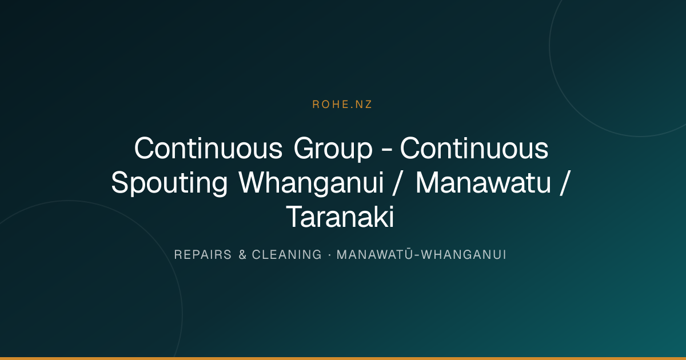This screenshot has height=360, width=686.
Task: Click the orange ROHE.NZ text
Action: [x=342, y=105]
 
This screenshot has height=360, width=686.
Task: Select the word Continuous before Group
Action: [x=208, y=149]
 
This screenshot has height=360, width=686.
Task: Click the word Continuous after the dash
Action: [x=474, y=149]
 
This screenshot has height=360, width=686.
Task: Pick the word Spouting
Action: [x=169, y=184]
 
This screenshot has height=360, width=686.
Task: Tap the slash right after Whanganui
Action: [x=396, y=183]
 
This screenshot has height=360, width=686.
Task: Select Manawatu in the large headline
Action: [x=483, y=183]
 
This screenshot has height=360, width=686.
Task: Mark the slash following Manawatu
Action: [x=564, y=183]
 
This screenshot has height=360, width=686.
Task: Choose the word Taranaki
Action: [x=340, y=217]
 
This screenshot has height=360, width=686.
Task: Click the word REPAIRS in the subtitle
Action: [x=203, y=255]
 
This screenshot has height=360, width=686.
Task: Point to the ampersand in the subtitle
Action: [x=242, y=255]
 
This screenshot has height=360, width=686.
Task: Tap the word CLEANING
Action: [x=286, y=255]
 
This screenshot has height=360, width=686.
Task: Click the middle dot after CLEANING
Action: [x=329, y=255]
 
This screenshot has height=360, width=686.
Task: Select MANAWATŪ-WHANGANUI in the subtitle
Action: [x=421, y=254]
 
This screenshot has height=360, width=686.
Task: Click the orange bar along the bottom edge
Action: [x=343, y=358]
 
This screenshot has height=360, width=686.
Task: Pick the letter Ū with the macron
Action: [x=409, y=254]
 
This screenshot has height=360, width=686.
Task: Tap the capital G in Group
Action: [x=305, y=149]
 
